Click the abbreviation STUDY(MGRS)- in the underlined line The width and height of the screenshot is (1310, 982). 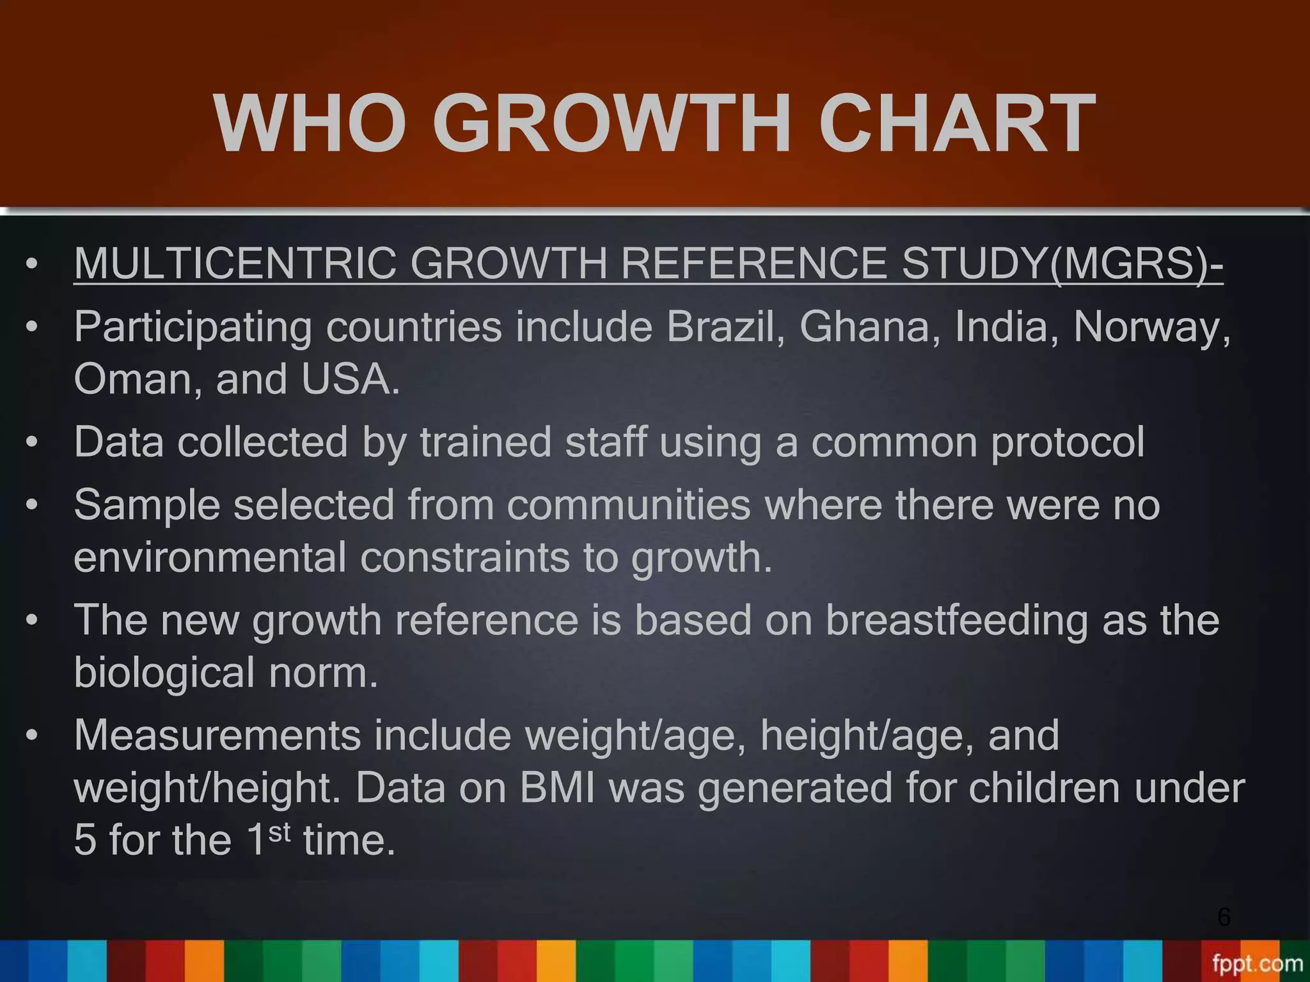point(1062,263)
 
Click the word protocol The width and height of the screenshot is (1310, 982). point(1068,442)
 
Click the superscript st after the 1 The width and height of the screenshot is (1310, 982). point(279,832)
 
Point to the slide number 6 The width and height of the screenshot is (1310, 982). point(1224,917)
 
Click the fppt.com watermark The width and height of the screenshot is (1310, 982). point(1257,964)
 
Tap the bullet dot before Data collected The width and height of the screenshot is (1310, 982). point(32,443)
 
